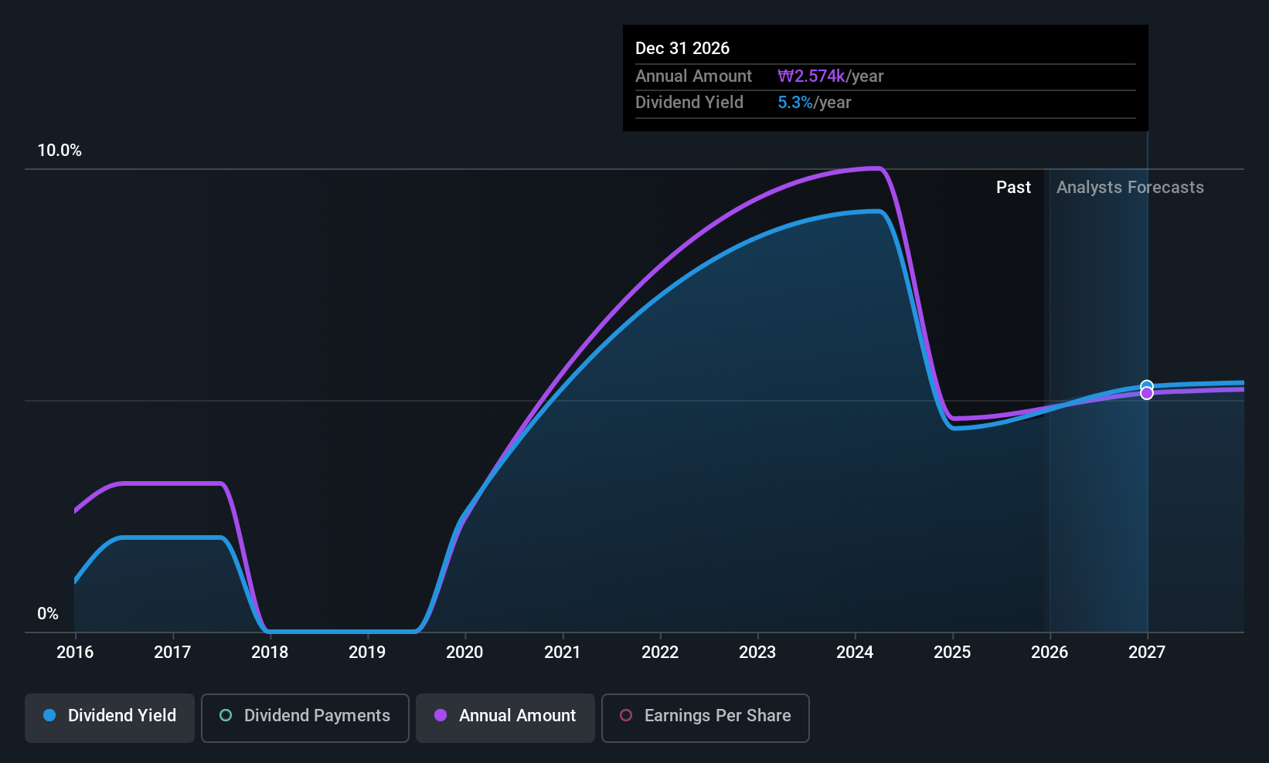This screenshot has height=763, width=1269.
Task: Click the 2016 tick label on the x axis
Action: click(75, 653)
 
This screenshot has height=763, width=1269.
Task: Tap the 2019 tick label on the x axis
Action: click(367, 653)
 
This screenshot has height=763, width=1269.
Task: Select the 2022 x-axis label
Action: click(660, 653)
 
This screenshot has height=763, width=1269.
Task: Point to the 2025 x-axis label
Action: click(952, 653)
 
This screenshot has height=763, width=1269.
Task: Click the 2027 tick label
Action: click(1147, 653)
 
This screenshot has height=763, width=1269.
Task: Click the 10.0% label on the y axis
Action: click(60, 151)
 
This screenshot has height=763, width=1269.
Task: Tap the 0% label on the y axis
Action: click(48, 614)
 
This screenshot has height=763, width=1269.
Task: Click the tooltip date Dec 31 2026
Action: click(682, 49)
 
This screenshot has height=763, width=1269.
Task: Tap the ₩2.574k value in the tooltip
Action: click(811, 76)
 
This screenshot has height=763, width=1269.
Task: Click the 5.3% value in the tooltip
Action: click(794, 103)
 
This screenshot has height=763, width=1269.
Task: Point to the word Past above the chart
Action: click(1013, 188)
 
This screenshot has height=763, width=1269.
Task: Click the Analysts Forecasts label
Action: click(1130, 188)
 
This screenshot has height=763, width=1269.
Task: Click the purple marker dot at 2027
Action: click(1147, 394)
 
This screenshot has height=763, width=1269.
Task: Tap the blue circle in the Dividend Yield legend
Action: click(49, 716)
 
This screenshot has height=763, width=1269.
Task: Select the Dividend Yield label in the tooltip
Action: click(689, 103)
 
